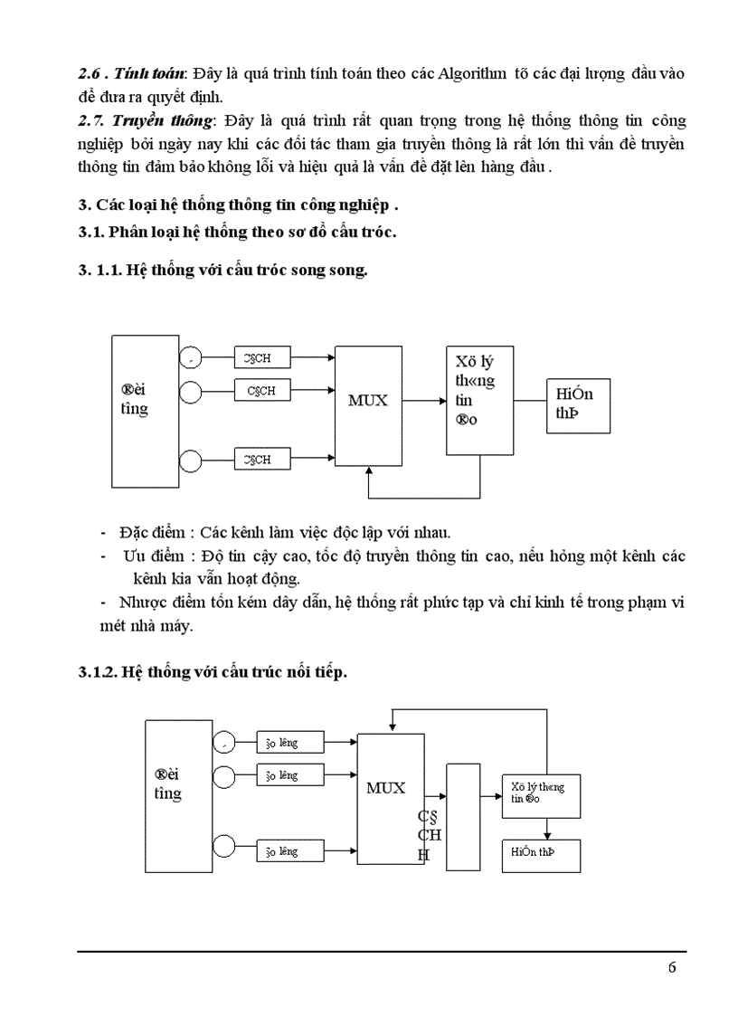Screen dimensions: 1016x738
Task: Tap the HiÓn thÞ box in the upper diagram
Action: click(578, 404)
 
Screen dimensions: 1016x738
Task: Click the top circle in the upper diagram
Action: click(191, 358)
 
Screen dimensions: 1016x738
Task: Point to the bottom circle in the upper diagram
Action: click(191, 461)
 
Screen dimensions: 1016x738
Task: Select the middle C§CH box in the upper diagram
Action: click(261, 391)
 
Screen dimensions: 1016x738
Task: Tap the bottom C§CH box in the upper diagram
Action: click(261, 461)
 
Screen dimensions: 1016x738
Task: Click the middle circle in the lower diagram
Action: click(222, 776)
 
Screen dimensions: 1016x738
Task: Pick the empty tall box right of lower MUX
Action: click(463, 817)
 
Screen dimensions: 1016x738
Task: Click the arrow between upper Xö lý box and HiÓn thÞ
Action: click(530, 399)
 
